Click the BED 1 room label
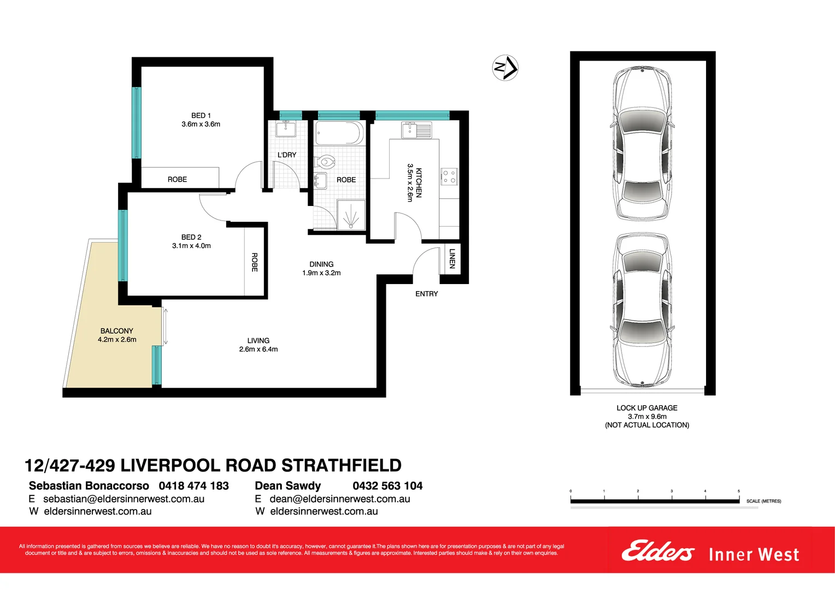[201, 116]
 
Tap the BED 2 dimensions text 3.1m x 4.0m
[191, 246]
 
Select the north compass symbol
[505, 68]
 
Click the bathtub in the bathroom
[339, 133]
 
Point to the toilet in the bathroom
[325, 162]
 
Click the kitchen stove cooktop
[449, 176]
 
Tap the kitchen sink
[416, 131]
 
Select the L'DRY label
[287, 155]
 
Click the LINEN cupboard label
[452, 258]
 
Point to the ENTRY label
[426, 294]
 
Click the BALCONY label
[116, 331]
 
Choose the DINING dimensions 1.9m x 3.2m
[321, 273]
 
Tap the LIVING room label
[258, 340]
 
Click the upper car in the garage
[642, 143]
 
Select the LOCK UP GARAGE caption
[646, 408]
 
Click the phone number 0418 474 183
[193, 486]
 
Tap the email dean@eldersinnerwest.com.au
[339, 499]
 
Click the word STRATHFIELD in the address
[341, 465]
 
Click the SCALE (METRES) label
[763, 501]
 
